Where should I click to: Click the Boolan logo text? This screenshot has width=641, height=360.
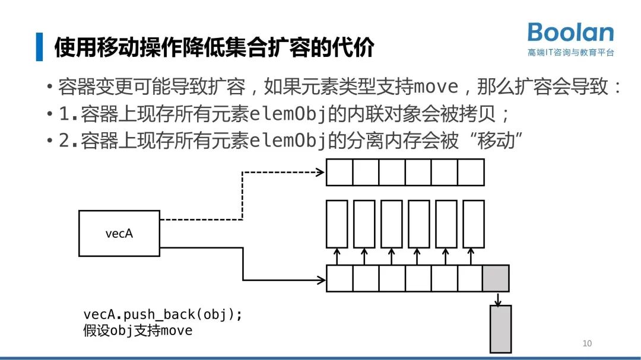tap(570, 32)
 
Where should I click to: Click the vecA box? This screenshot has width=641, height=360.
tap(119, 233)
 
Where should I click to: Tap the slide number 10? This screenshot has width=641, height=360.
tap(587, 343)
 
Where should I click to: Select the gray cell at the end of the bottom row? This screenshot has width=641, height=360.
tap(496, 278)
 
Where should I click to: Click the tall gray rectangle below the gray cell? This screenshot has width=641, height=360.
tap(500, 329)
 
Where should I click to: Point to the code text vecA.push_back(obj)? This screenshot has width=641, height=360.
tap(163, 315)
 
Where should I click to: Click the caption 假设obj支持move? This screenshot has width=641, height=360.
tap(138, 331)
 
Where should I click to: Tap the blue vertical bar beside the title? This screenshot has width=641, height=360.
tap(39, 47)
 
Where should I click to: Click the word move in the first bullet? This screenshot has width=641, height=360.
tap(436, 87)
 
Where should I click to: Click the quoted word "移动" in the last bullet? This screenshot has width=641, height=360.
tap(490, 141)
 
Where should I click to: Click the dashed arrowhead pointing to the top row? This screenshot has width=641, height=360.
tap(320, 173)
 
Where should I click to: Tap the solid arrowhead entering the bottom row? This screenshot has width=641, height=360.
tap(321, 279)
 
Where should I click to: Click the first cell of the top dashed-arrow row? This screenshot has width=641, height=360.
tap(339, 173)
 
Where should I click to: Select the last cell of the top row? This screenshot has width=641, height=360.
tap(471, 173)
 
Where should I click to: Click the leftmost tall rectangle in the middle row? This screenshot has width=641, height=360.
tap(337, 224)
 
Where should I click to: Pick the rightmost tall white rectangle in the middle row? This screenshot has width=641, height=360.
tap(473, 224)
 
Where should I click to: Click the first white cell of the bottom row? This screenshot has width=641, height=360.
tap(339, 278)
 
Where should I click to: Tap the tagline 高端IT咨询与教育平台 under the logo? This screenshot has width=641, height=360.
tap(570, 52)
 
